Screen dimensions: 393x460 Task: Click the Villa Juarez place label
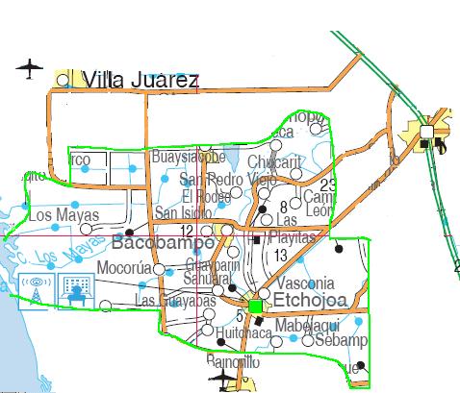(141, 79)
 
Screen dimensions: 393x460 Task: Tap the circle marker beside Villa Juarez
(64, 81)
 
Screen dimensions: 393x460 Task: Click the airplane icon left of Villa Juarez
(31, 68)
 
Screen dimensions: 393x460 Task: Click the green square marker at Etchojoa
(256, 306)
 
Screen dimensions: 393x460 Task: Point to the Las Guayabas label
(175, 300)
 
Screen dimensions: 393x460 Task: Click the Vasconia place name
(304, 283)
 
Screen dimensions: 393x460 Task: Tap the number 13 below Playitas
(280, 255)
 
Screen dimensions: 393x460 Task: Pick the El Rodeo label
(204, 196)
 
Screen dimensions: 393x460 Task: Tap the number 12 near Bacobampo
(187, 232)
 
